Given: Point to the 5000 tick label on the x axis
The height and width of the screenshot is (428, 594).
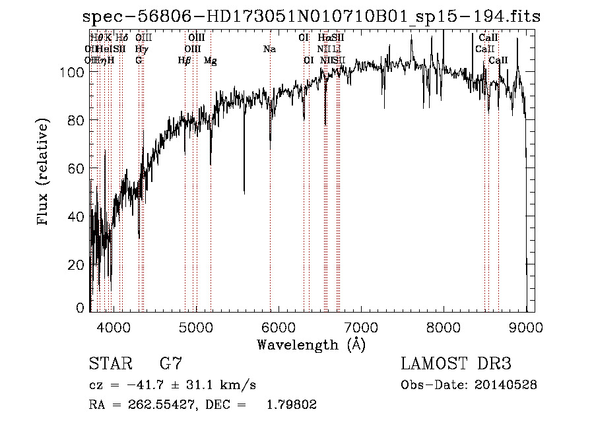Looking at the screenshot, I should coord(195,326).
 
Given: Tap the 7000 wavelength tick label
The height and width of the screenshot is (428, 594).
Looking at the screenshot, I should coord(361,326).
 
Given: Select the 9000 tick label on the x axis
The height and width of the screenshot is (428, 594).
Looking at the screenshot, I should coord(526,326).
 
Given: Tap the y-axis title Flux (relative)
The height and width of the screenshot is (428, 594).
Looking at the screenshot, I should coord(44,173).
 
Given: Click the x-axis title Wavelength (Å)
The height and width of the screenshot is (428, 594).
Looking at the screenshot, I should coord(311,344).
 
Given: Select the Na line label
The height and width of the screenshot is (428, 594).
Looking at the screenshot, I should coord(269,49).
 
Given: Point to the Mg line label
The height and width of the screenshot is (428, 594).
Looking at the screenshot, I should coord(210,61).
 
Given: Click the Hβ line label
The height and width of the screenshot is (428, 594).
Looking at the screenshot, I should coord(184,61).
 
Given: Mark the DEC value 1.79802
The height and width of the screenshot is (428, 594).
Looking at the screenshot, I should coord(290,405).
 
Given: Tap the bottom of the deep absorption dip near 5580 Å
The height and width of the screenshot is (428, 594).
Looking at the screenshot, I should coord(244,193).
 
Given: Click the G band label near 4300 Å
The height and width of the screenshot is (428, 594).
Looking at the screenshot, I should coord(139,61).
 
